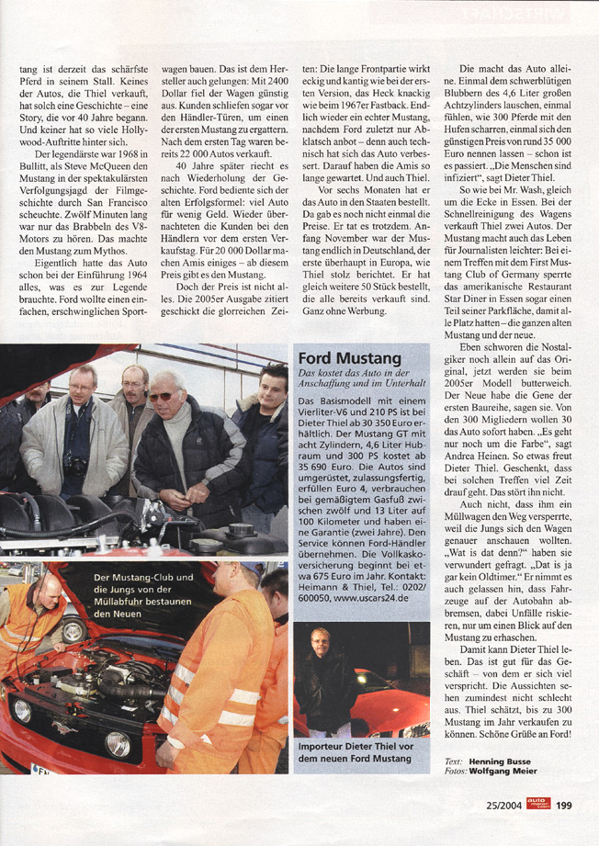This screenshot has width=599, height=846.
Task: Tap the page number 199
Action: (564, 805)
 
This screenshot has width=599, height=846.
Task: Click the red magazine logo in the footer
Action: (538, 804)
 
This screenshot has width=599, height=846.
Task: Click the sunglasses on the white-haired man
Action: (164, 396)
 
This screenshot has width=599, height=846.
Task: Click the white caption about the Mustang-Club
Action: (143, 594)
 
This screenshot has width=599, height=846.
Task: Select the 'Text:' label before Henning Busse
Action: (453, 761)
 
